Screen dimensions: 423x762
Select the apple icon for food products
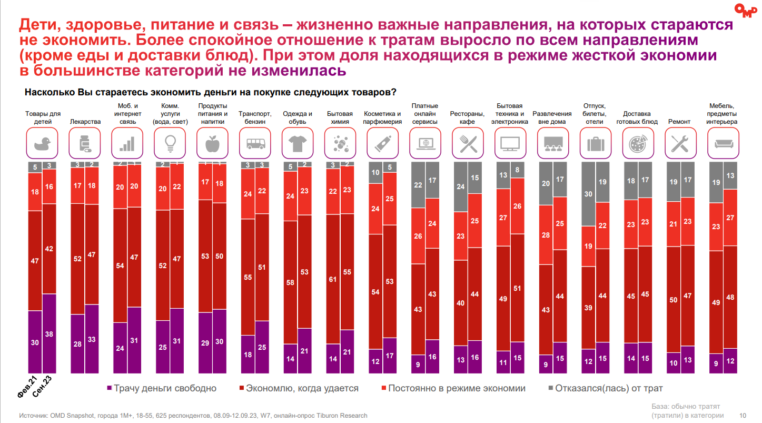pos(213,143)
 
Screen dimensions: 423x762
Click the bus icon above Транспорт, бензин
pos(255,143)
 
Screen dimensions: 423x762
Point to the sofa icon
pos(723,143)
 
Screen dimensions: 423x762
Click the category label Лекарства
pos(85,122)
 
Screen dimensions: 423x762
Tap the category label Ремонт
pos(679,122)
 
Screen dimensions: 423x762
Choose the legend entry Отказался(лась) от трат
pos(609,388)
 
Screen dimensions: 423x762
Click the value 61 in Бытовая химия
pos(333,279)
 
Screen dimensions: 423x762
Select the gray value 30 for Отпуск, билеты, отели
pos(588,194)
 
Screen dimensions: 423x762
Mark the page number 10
pos(743,415)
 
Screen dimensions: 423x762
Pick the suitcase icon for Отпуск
pos(595,143)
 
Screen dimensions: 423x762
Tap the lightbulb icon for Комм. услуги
pos(170,143)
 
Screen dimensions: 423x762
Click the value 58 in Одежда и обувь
pos(290,282)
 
